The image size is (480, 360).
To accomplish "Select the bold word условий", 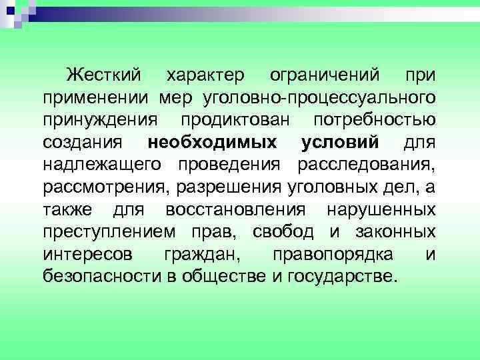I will point(339,142).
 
